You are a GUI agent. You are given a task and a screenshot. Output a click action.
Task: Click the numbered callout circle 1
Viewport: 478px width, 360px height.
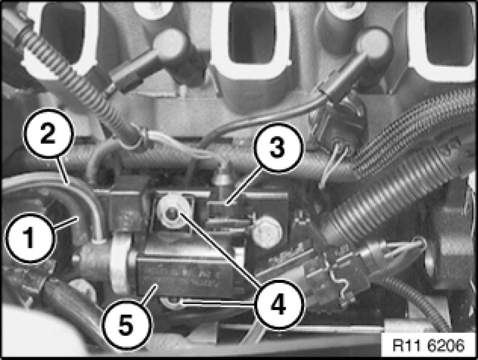click(30, 238)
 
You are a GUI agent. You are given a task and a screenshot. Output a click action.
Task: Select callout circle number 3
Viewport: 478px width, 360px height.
click(279, 147)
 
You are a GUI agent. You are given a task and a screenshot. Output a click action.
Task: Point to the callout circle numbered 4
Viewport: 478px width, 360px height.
click(279, 304)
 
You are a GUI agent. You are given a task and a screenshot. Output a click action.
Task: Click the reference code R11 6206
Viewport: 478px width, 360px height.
click(429, 345)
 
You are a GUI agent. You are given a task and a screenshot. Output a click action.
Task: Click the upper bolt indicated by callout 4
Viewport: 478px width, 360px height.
click(173, 212)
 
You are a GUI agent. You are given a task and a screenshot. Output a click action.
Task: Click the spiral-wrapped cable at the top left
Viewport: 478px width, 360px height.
click(80, 82)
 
